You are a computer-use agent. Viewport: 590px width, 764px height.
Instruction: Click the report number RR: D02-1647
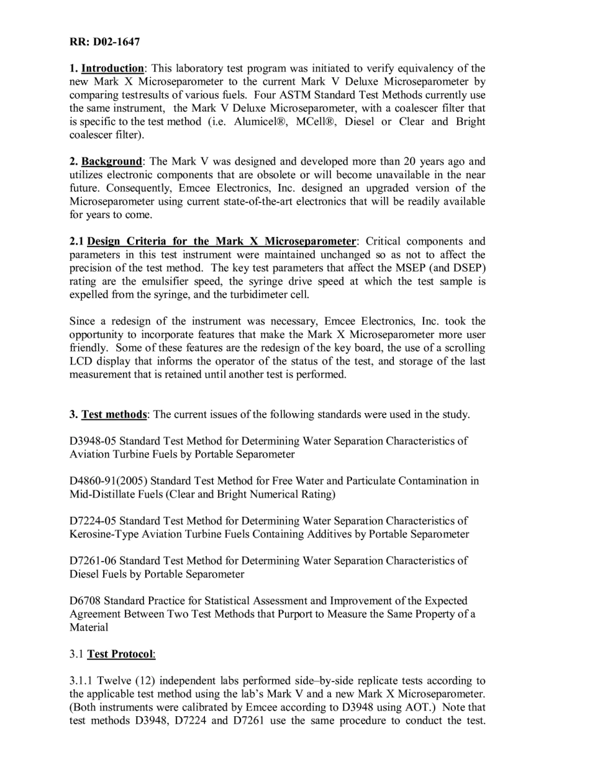[104, 42]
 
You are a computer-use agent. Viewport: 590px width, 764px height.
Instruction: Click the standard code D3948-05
[93, 441]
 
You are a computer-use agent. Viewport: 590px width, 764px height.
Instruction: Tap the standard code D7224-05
[93, 521]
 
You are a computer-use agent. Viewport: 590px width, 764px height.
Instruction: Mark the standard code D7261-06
[93, 561]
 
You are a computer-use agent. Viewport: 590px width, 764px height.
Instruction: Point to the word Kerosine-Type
[102, 534]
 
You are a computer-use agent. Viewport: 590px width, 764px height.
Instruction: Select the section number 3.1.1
[82, 681]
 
